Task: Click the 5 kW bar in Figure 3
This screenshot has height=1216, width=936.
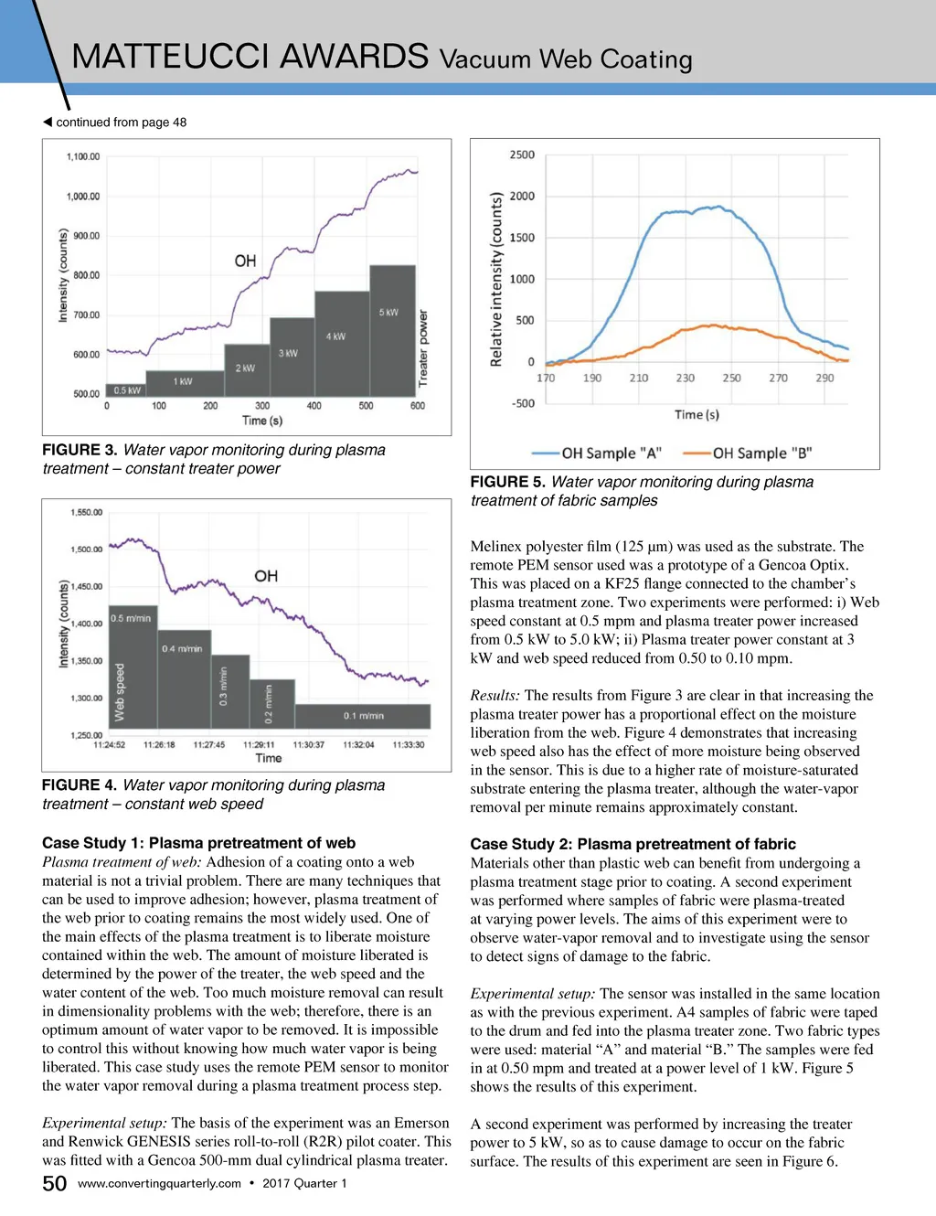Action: point(392,329)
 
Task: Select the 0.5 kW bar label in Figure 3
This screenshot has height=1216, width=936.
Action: point(127,390)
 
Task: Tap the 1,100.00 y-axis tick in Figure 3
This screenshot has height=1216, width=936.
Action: point(83,156)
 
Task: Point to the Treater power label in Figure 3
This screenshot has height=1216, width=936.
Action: point(423,347)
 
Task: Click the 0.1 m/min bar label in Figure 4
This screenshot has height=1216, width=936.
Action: point(364,716)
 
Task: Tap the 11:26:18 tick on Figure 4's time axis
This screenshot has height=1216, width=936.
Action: point(159,744)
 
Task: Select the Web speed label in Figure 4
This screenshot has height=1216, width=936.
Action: point(120,692)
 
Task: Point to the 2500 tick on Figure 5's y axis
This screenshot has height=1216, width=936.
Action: point(522,155)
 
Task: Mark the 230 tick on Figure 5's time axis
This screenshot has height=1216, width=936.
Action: point(685,378)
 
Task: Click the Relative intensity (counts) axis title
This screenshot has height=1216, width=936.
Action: point(496,279)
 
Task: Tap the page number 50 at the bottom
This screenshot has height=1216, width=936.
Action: point(55,1184)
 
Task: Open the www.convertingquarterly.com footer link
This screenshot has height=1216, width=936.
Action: point(159,1183)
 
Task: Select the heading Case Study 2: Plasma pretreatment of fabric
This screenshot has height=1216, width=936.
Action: point(633,844)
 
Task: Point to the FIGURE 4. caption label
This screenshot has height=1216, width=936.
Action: point(80,785)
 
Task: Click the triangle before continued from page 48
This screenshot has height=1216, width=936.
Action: point(48,122)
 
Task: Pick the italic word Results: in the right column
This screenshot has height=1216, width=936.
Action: point(495,696)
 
